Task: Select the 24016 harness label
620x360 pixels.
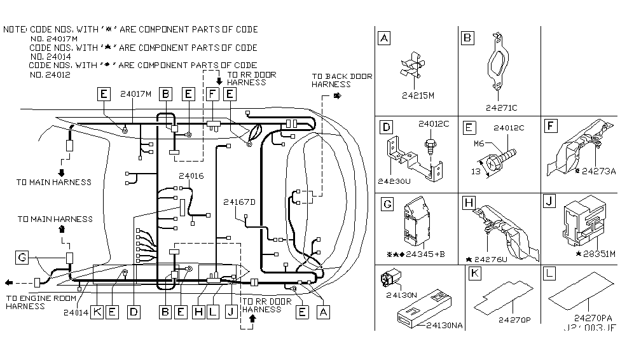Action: [191, 176]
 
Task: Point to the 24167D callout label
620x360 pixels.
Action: [239, 202]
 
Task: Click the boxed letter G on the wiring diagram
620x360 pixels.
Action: [22, 258]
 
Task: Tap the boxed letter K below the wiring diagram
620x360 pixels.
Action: [97, 312]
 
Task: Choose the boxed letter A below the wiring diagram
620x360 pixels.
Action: [324, 312]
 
